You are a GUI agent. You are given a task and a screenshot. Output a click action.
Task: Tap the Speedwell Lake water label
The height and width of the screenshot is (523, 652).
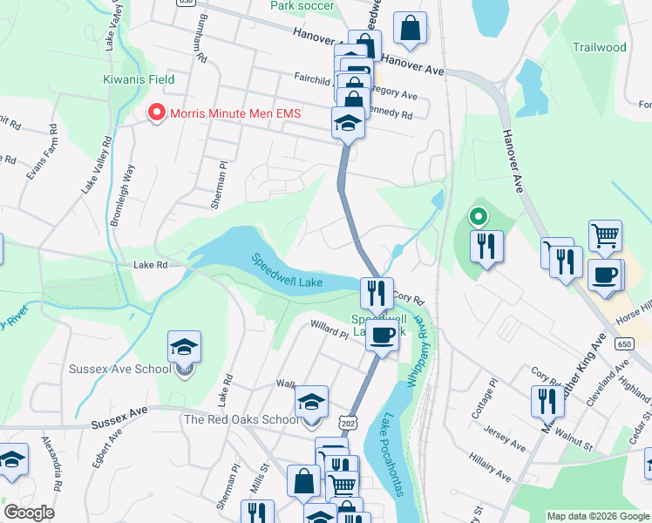pos(288,271)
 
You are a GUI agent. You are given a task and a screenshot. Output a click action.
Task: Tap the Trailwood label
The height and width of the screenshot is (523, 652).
pos(600,47)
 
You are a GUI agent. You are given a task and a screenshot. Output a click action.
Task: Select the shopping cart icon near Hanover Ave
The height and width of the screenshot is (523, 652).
pos(604,236)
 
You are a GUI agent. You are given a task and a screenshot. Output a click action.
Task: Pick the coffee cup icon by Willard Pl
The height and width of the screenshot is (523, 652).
pos(382,335)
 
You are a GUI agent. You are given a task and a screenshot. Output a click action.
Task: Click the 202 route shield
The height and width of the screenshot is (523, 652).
pos(350,422)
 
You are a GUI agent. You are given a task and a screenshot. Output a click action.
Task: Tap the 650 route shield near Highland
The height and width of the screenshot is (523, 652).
pos(624,343)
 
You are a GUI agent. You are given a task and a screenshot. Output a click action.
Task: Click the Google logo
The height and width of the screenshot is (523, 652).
pos(29,513)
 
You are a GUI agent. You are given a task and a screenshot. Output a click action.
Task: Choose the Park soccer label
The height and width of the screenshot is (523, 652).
pos(302,6)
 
